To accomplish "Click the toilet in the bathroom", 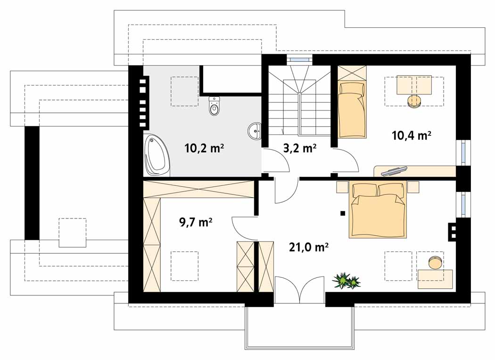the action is (214, 106).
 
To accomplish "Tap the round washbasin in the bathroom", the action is (255, 131).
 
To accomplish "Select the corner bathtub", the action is (157, 156).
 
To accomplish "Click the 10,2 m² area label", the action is (204, 148).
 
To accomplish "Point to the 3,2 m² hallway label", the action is (299, 148).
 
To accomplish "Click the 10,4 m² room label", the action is (412, 135).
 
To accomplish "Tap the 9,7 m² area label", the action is (196, 222).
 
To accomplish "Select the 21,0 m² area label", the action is (309, 247).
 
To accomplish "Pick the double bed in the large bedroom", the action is (378, 209).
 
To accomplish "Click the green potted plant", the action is (346, 280).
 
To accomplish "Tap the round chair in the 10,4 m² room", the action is (414, 101).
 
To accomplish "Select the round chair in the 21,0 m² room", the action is (436, 262).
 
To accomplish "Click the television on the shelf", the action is (394, 170).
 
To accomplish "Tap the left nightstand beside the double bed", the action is (343, 187).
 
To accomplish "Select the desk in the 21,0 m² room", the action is (435, 279).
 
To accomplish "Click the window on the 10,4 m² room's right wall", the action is (463, 152).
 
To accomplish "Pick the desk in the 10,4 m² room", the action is (414, 85).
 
